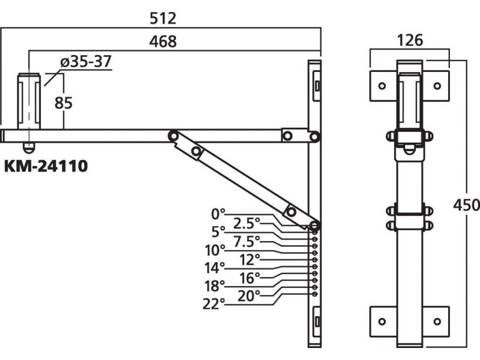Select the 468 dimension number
pyautogui.click(x=163, y=41)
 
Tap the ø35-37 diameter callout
pyautogui.click(x=86, y=61)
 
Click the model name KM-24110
pyautogui.click(x=46, y=166)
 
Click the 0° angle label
pyautogui.click(x=218, y=213)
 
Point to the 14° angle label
pyautogui.click(x=215, y=267)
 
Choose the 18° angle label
pyautogui.click(x=215, y=285)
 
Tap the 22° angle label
pyautogui.click(x=215, y=303)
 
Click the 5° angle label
pyautogui.click(x=218, y=231)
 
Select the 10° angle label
pyautogui.click(x=215, y=249)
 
